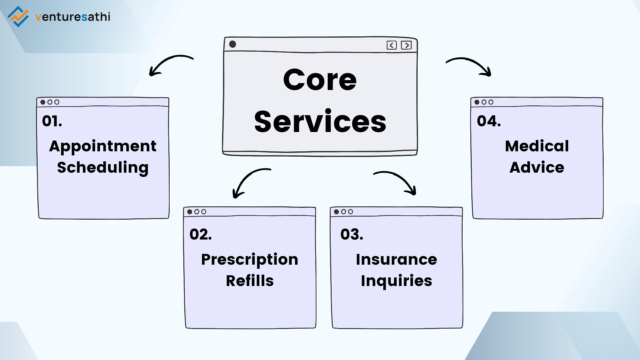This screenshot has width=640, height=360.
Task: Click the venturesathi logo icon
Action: (18, 16)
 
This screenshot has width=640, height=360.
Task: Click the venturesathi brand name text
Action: (73, 17)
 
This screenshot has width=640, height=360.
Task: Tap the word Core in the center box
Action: (320, 80)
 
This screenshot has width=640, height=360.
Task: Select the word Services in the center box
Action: (320, 122)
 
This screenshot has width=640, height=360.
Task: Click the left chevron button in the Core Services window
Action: (392, 45)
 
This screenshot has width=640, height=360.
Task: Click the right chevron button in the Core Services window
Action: (406, 45)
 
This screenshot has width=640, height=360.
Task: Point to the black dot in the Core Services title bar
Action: (233, 44)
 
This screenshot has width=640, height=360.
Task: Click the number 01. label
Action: (52, 121)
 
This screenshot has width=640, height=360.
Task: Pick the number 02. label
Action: (200, 234)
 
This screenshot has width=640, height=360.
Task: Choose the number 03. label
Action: (352, 234)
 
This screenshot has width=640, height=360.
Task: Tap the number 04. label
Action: (489, 121)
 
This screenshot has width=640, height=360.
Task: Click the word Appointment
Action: (103, 146)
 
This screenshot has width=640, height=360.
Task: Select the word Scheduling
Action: (103, 167)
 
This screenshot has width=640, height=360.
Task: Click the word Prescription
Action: (249, 260)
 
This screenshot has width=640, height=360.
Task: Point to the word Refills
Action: (250, 281)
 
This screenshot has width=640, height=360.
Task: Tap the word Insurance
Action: (396, 259)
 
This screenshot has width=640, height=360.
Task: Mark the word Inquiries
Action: (396, 281)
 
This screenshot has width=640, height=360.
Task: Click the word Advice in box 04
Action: (537, 167)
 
